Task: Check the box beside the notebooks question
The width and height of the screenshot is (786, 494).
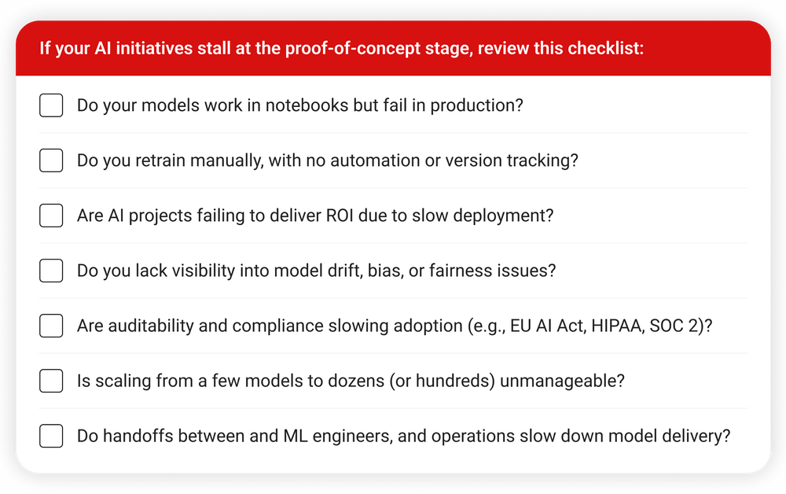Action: point(51,105)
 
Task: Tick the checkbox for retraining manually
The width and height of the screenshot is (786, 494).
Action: point(51,160)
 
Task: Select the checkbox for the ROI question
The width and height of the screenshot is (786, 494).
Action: point(51,216)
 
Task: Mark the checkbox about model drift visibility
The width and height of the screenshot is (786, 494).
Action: point(51,271)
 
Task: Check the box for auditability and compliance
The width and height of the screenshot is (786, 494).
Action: point(51,326)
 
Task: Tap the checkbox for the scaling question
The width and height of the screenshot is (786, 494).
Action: point(51,382)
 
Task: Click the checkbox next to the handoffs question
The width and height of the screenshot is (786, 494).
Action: point(51,436)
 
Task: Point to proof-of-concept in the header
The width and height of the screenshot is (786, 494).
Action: point(353,49)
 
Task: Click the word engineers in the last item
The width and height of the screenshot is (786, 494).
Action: point(352,437)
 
